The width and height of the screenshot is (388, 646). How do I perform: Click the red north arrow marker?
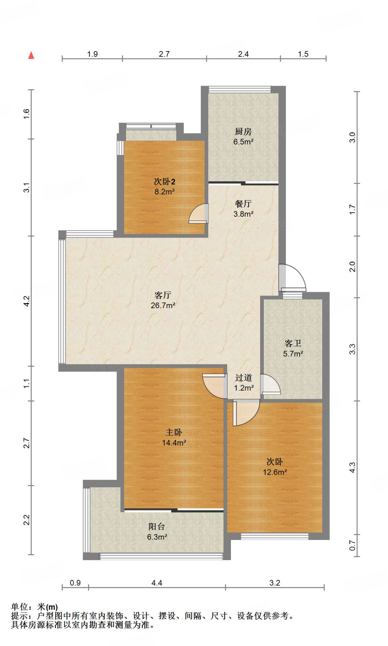pos(31,55)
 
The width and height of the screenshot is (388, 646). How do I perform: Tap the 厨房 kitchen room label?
pos(243,132)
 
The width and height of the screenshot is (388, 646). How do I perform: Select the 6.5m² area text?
pos(243,142)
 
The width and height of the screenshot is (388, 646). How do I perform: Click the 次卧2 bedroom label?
pos(164,181)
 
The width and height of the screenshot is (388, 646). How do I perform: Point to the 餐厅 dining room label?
pos(243,204)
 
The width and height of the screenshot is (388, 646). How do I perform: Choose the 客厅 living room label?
pos(163,295)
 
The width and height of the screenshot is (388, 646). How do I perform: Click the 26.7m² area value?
pos(163,305)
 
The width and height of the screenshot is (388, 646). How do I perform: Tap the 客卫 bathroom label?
pos(293,343)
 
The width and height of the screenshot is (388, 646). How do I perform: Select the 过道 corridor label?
pos(244,378)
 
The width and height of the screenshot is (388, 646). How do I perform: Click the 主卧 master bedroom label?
pos(174,432)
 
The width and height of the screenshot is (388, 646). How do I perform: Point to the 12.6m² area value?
pos(275,472)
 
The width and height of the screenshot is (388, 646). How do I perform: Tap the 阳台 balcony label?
pos(157,526)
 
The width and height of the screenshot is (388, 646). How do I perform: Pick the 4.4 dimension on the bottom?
pos(157,583)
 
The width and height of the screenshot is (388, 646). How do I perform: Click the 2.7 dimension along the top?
pos(164,54)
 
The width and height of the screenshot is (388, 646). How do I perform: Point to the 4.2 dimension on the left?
pos(27,301)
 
